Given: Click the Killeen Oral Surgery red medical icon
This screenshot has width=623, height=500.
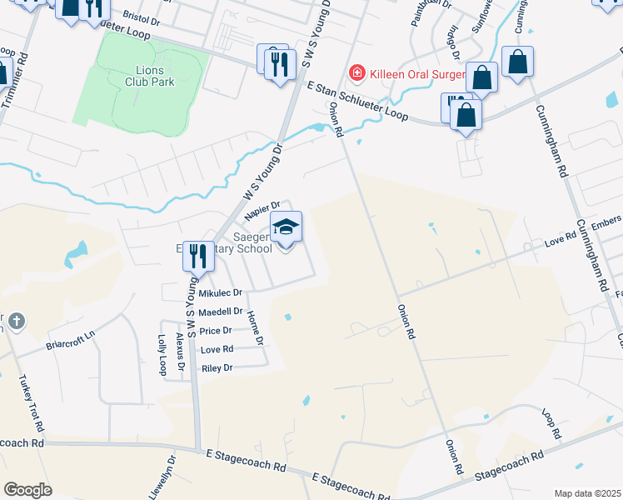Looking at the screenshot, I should click(x=357, y=73).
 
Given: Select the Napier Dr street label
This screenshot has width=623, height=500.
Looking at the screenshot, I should click(x=262, y=212).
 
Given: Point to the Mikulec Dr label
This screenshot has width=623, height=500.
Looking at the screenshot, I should click(x=220, y=293).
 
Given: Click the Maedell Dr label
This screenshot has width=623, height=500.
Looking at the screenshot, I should click(x=220, y=312).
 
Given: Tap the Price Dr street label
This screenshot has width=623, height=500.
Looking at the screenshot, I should click(x=217, y=331).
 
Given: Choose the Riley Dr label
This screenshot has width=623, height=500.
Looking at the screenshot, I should click(x=217, y=367).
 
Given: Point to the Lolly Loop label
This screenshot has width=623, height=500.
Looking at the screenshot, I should click(x=162, y=355).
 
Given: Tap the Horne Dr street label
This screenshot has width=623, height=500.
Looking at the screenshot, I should click(x=254, y=328).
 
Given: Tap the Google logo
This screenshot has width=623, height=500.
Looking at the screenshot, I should click(x=27, y=490).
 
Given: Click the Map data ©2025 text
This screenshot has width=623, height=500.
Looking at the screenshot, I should click(x=587, y=493).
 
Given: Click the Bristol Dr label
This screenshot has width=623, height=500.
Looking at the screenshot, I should click(x=140, y=16).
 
